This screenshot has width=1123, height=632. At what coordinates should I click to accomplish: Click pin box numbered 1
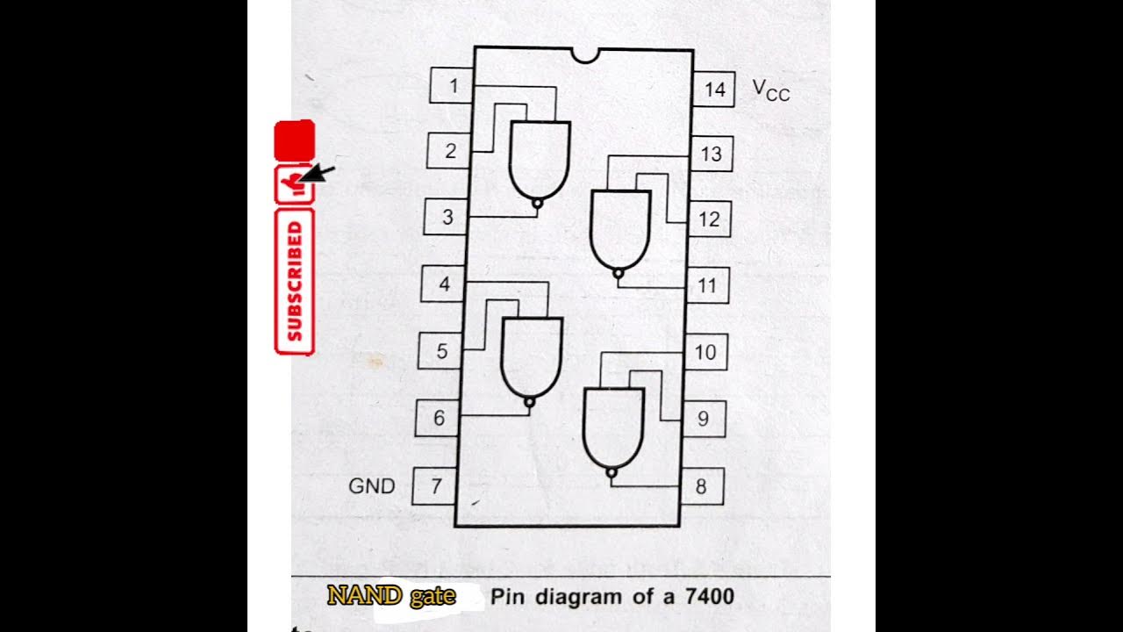452,86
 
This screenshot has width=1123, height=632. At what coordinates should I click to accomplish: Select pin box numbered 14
713,90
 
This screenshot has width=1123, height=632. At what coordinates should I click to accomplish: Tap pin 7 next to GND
435,485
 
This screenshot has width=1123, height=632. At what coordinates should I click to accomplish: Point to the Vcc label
770,90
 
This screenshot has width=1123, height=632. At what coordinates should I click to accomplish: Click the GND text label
372,485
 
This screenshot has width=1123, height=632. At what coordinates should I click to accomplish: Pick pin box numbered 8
701,486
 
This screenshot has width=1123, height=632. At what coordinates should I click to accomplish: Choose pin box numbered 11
707,285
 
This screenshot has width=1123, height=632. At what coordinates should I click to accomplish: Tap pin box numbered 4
444,284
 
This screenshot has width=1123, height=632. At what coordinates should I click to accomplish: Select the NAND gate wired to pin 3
540,158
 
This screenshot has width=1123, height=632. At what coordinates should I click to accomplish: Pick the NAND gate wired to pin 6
532,355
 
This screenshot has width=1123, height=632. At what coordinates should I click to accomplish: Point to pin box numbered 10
705,353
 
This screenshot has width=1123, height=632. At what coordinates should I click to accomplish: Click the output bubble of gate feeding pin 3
537,203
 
